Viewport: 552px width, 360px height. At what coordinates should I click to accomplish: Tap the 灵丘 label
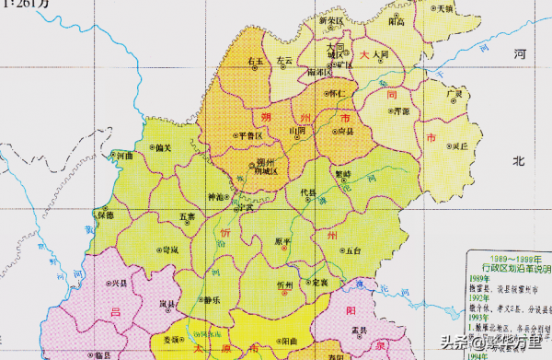[x=460, y=145]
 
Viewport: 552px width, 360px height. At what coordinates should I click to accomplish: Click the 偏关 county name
[x=164, y=146]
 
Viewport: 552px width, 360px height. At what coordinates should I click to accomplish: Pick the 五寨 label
[x=187, y=216]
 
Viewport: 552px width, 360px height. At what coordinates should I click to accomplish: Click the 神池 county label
[x=215, y=196]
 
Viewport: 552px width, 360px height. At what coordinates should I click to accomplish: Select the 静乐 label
[x=212, y=300]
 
